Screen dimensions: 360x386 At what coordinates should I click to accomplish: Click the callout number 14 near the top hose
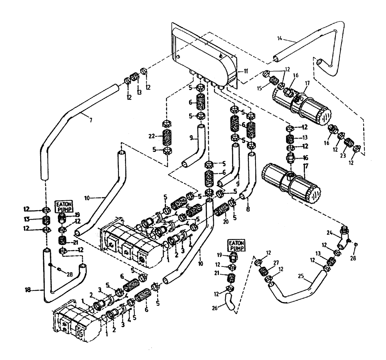(x=280, y=37)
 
